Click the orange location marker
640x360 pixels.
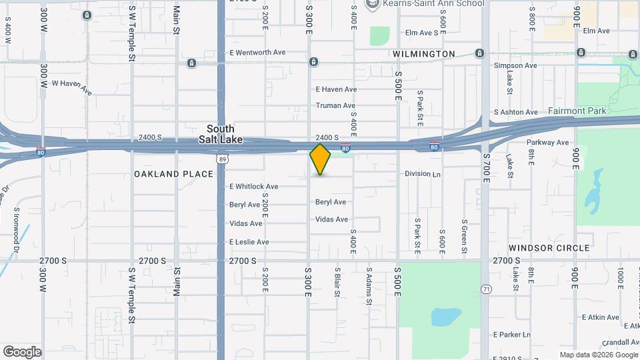[x=320, y=160]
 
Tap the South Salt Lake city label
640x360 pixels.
[x=221, y=134]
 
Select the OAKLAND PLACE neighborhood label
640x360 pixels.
[x=173, y=174]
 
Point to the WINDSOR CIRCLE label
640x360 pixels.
[x=549, y=247]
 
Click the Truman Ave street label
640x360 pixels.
[x=335, y=105]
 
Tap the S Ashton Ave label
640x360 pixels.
[x=515, y=112]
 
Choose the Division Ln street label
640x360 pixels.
[x=423, y=173]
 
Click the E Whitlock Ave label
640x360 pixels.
[x=254, y=186]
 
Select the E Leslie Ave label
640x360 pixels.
[x=249, y=241]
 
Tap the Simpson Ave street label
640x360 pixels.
[x=515, y=65]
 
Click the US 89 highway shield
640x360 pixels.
[x=221, y=159]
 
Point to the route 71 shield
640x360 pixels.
[x=487, y=288]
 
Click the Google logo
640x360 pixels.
[x=22, y=352]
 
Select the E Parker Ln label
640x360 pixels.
[x=511, y=334]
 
